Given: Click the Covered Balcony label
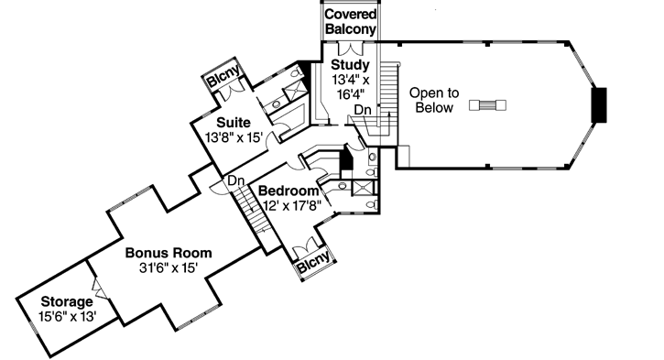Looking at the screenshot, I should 351,22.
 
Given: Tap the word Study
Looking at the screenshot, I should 351,65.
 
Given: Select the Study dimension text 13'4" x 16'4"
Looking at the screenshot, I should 351,87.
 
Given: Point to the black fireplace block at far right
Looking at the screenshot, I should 600,104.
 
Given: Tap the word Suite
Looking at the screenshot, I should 234,122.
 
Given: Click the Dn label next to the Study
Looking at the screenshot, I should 363,110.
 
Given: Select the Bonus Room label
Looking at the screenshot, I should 169,252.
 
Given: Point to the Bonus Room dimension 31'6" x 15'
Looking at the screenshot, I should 169,267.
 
